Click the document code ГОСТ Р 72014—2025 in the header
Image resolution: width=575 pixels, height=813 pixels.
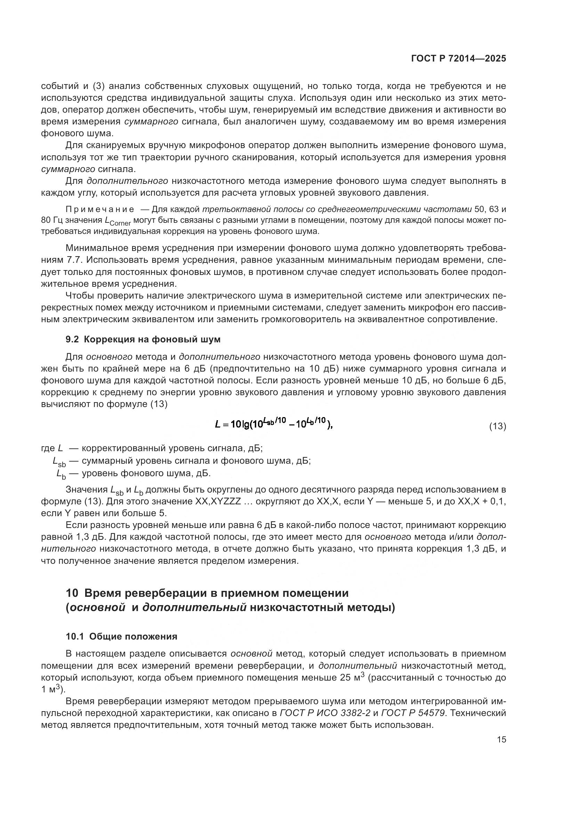(x=459, y=59)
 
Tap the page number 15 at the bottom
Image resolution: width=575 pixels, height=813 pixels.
(x=501, y=739)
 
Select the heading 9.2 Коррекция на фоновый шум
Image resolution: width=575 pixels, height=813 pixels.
(x=143, y=339)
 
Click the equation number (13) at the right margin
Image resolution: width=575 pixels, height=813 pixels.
(x=497, y=426)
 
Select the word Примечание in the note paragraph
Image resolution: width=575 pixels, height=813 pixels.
(x=100, y=209)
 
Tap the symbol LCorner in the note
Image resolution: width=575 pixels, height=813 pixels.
(x=118, y=221)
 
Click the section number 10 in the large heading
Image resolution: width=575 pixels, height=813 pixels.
(x=72, y=593)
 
